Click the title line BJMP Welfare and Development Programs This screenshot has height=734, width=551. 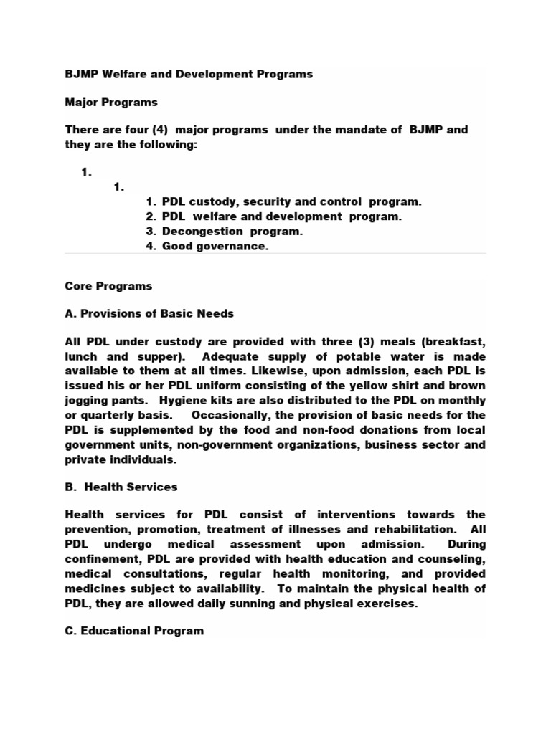(189, 75)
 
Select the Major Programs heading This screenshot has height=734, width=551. (111, 103)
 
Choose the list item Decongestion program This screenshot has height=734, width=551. (232, 232)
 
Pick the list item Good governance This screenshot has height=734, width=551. (215, 247)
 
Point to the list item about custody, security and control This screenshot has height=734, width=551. (291, 201)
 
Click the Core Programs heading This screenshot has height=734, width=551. (108, 286)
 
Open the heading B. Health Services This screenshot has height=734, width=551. (121, 487)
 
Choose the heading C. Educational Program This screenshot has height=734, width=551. (134, 631)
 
